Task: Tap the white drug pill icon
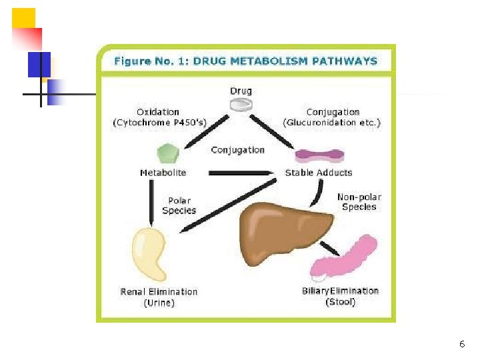point(241,104)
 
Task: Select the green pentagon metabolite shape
point(168,154)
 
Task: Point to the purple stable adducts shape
point(318,156)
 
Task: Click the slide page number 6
point(461,344)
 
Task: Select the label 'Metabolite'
point(163,173)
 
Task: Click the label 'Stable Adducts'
point(319,173)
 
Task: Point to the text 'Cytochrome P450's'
point(159,123)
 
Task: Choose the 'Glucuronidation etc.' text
point(332,123)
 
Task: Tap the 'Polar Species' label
point(179,205)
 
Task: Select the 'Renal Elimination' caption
point(159,291)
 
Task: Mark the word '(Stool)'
point(340,302)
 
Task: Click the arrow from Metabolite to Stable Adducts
point(241,173)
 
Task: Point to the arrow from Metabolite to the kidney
point(149,203)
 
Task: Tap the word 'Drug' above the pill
point(241,91)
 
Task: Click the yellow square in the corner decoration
point(23,18)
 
